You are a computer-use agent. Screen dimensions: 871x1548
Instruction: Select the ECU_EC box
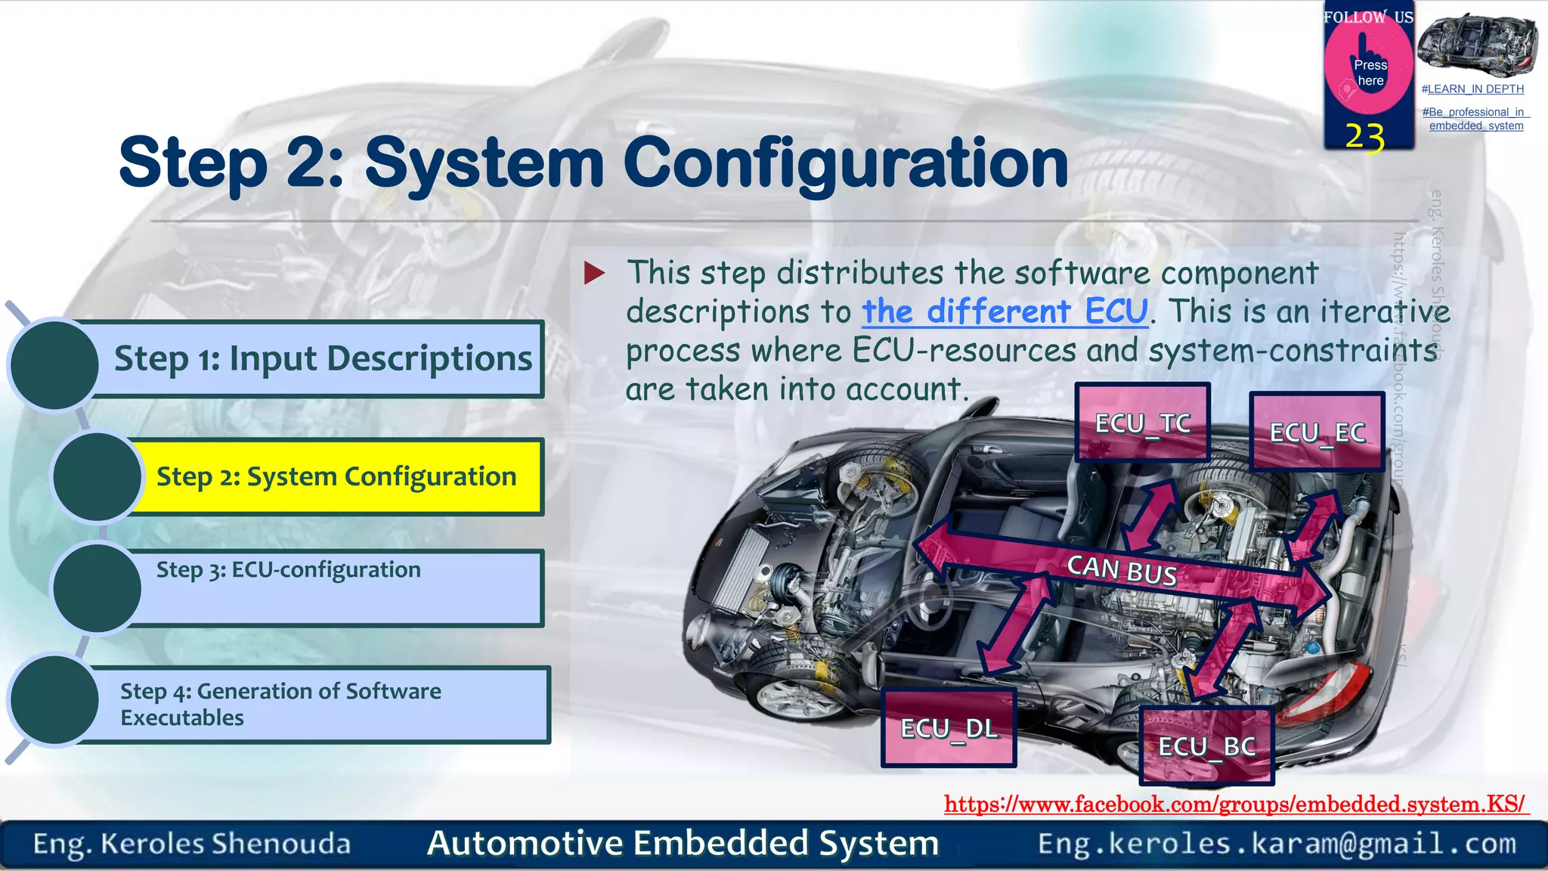pyautogui.click(x=1317, y=432)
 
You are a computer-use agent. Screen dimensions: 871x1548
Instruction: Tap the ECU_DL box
pyautogui.click(x=949, y=728)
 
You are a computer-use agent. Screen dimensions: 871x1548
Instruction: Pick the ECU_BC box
pyautogui.click(x=1206, y=746)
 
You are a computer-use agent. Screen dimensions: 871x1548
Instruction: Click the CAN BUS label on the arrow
pyautogui.click(x=1122, y=570)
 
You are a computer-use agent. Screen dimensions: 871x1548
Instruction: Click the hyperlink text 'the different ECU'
pyautogui.click(x=1005, y=312)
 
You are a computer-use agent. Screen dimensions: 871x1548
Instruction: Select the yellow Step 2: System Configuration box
pyautogui.click(x=336, y=477)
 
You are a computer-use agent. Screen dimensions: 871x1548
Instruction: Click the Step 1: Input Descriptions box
pyautogui.click(x=323, y=358)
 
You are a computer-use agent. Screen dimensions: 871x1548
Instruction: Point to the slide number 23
pyautogui.click(x=1364, y=137)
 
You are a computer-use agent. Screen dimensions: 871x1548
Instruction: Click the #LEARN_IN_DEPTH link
pyautogui.click(x=1472, y=89)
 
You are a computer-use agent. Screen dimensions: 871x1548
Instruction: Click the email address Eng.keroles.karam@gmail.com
pyautogui.click(x=1277, y=844)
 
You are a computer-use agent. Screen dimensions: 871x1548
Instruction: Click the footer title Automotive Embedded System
pyautogui.click(x=683, y=843)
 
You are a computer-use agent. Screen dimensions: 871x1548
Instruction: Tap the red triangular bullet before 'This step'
pyautogui.click(x=595, y=273)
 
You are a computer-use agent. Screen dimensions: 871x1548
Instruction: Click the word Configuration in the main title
pyautogui.click(x=845, y=163)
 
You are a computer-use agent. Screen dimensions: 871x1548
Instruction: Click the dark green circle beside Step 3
pyautogui.click(x=97, y=587)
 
